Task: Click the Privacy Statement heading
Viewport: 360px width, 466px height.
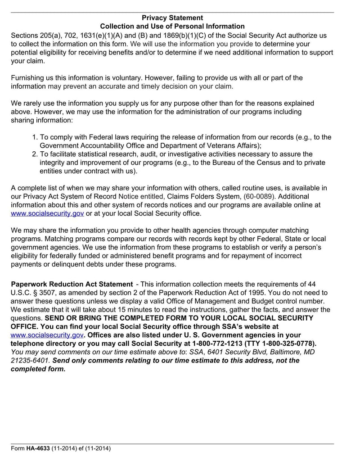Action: [172, 18]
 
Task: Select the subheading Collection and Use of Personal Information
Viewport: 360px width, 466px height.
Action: [172, 27]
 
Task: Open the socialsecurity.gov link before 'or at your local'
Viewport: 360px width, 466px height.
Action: [47, 214]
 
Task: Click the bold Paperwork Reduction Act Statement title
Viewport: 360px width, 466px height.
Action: [72, 285]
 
